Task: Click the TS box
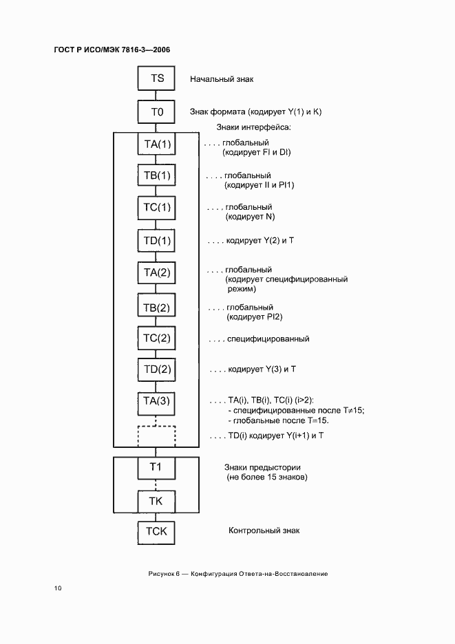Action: click(157, 78)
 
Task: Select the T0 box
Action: click(157, 111)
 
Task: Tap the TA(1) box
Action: click(157, 144)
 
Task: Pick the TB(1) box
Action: click(157, 176)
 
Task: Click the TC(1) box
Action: click(157, 208)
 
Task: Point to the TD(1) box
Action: click(157, 241)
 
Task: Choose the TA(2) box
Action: click(157, 273)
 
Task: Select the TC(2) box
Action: click(157, 338)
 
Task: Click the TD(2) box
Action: click(157, 370)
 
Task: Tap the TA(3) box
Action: click(157, 401)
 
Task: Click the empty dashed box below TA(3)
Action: click(157, 436)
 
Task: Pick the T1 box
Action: click(157, 468)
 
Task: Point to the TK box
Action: click(157, 500)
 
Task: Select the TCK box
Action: click(157, 532)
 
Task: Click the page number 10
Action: click(58, 588)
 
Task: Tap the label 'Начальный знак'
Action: click(222, 79)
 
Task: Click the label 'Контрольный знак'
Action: click(264, 530)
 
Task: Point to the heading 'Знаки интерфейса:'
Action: click(254, 127)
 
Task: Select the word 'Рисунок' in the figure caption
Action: click(161, 573)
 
